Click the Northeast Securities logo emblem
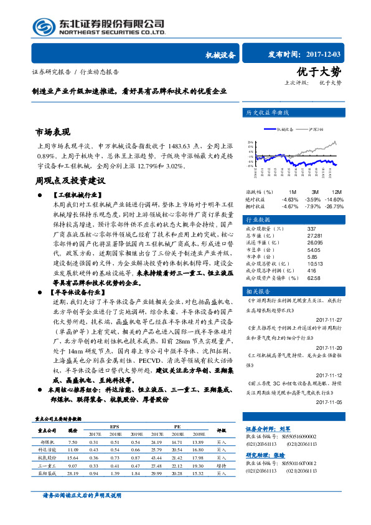pyautogui.click(x=43, y=27)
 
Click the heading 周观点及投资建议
pyautogui.click(x=69, y=180)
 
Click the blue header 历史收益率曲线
pyautogui.click(x=268, y=113)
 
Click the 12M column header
pyautogui.click(x=337, y=191)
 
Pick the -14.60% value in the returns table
pyautogui.click(x=334, y=199)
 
